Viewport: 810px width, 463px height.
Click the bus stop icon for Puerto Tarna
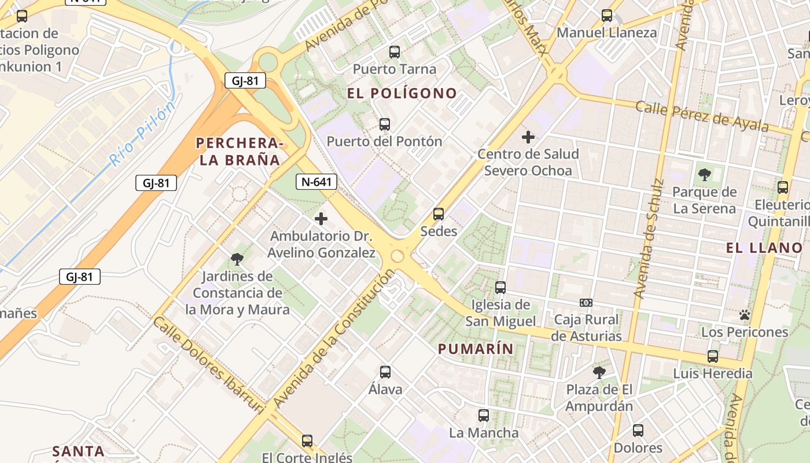click(395, 52)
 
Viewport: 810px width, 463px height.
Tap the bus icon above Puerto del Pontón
click(385, 124)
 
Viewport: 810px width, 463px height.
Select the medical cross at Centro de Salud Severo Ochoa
click(528, 137)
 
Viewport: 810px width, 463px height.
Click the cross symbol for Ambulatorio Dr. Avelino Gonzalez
click(321, 219)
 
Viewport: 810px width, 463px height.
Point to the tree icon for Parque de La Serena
click(704, 174)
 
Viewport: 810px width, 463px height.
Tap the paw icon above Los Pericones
click(745, 315)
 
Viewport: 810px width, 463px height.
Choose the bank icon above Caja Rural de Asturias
click(586, 303)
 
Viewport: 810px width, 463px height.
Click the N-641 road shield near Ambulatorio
click(316, 182)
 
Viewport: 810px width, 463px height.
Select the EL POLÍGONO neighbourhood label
click(402, 93)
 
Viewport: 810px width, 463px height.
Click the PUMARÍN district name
click(476, 349)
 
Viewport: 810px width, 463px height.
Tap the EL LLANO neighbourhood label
click(764, 248)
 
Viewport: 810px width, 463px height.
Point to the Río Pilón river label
click(142, 134)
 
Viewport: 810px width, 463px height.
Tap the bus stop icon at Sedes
click(439, 214)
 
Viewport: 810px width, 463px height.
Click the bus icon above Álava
click(385, 372)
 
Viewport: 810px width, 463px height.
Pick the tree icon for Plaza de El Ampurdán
click(599, 372)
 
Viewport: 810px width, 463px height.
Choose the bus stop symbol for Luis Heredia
click(713, 357)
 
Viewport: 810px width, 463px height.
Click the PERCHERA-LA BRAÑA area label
click(240, 152)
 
